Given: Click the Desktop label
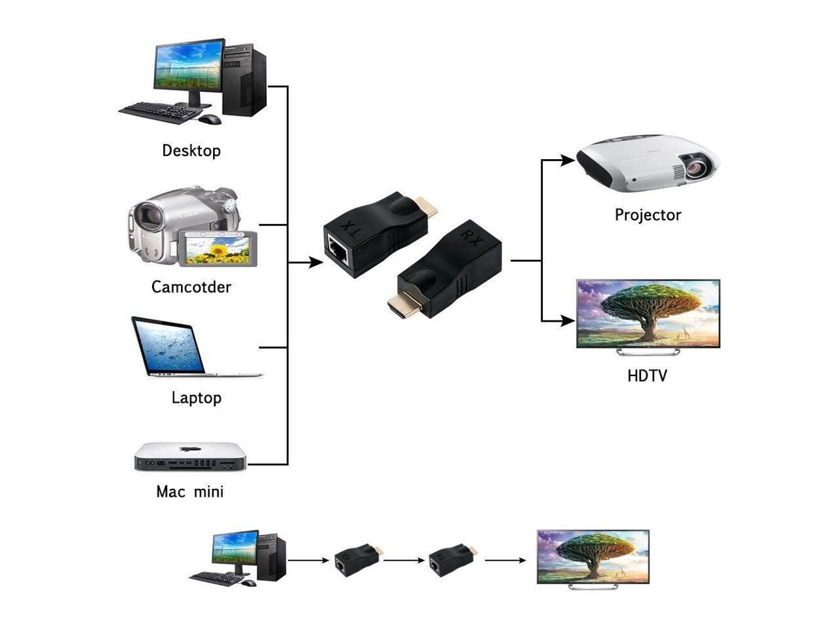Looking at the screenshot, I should tap(191, 151).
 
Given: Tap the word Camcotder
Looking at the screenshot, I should tap(191, 287).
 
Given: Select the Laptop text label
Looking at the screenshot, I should tap(196, 398).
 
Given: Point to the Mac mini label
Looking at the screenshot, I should tap(189, 491).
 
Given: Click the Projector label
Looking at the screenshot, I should tap(648, 215).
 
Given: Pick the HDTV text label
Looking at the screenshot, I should tap(647, 376).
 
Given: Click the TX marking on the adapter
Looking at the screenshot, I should tap(353, 229).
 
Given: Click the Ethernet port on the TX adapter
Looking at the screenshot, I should tap(338, 248).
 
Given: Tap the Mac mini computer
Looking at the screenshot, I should tap(190, 457).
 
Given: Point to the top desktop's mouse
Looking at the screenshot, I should tap(210, 119).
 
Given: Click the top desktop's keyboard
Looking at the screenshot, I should tap(161, 111).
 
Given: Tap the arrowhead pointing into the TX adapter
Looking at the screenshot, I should tap(316, 262).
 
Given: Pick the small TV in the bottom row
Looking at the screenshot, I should tap(593, 558).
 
